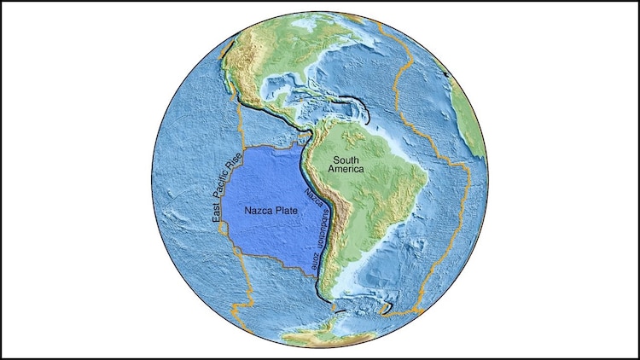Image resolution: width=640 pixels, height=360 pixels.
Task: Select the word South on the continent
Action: click(350, 160)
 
